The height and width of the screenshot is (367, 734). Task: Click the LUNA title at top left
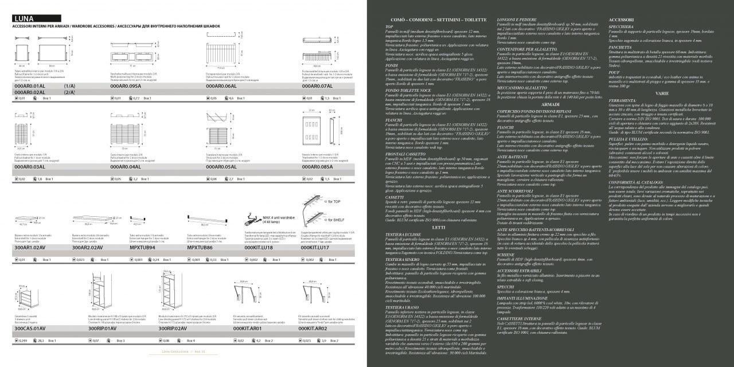24,18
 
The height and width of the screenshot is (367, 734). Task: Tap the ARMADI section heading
550,104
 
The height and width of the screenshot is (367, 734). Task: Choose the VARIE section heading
662,92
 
